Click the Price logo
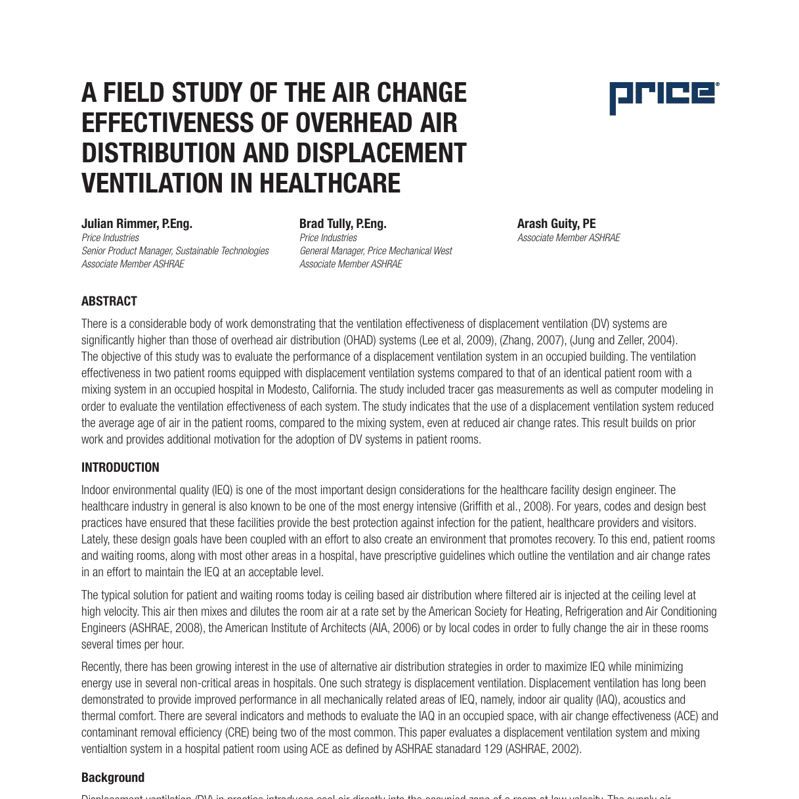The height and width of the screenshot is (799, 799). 664,98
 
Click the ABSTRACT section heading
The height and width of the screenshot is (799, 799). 109,302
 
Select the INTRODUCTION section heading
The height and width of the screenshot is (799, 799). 120,468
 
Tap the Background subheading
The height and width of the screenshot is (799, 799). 113,778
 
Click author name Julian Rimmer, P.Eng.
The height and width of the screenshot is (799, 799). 137,224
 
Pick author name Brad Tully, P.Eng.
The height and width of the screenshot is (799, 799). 343,224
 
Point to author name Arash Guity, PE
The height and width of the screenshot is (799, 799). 556,224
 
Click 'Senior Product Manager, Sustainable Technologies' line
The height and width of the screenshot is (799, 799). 175,251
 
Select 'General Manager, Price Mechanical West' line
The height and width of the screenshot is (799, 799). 376,251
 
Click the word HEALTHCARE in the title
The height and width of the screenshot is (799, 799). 329,183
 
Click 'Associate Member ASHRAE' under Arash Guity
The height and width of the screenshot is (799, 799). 569,238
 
